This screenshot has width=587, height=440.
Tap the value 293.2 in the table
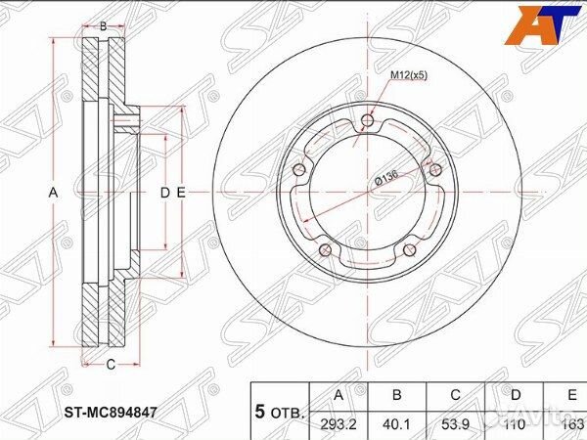[339, 421]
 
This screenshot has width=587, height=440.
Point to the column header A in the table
[339, 395]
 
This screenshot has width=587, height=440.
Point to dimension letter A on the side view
[54, 194]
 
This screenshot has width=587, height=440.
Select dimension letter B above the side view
[105, 25]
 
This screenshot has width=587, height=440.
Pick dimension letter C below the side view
[111, 365]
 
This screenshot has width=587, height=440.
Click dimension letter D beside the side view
[164, 194]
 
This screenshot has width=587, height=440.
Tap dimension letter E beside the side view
[181, 194]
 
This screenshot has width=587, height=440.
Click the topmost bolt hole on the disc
[367, 120]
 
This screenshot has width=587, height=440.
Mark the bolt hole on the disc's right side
[434, 171]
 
